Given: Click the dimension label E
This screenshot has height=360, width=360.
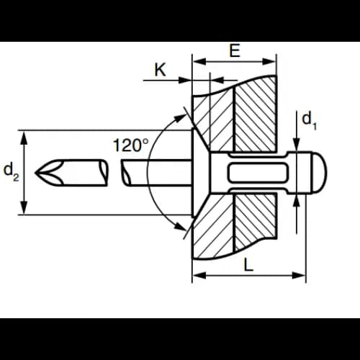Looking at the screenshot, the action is coord(235,50).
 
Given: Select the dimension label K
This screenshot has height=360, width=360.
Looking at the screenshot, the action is coord(160,70).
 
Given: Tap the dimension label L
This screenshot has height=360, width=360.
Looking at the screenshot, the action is coord(248,264).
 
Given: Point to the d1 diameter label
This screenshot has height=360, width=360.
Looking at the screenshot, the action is coord(310,122).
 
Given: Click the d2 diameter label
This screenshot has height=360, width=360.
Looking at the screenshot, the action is coord(11,172).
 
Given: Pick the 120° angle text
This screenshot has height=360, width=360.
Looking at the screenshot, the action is coord(130,145).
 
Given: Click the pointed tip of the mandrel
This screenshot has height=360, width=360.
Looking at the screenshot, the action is coord(36,172).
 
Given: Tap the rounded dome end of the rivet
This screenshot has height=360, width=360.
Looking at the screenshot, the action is coord(320,172).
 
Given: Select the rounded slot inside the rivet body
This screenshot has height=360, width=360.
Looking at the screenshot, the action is coord(257,172).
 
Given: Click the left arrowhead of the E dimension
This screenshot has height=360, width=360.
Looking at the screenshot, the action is coord(199,61).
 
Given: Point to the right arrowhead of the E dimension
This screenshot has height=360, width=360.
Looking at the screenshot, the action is coord(269,61).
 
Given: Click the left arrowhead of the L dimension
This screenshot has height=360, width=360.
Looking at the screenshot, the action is coord(199,275).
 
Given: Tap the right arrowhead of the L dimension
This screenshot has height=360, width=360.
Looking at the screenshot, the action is coord(299,275).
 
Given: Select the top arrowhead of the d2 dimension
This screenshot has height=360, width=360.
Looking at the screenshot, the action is coord(24,138).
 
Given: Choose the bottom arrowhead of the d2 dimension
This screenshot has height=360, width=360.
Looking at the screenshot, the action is coord(24,207).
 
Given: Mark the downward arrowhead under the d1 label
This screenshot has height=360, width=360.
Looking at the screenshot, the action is coord(297,145).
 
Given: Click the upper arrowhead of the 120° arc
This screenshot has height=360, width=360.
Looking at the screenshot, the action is coord(179,118).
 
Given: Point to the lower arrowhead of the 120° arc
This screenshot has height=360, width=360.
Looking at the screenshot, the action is coord(181,227).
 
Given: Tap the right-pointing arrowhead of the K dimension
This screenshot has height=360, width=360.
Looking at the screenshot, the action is coord(185,81).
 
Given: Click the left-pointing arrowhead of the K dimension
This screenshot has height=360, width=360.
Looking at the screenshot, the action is coord(217,81).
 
